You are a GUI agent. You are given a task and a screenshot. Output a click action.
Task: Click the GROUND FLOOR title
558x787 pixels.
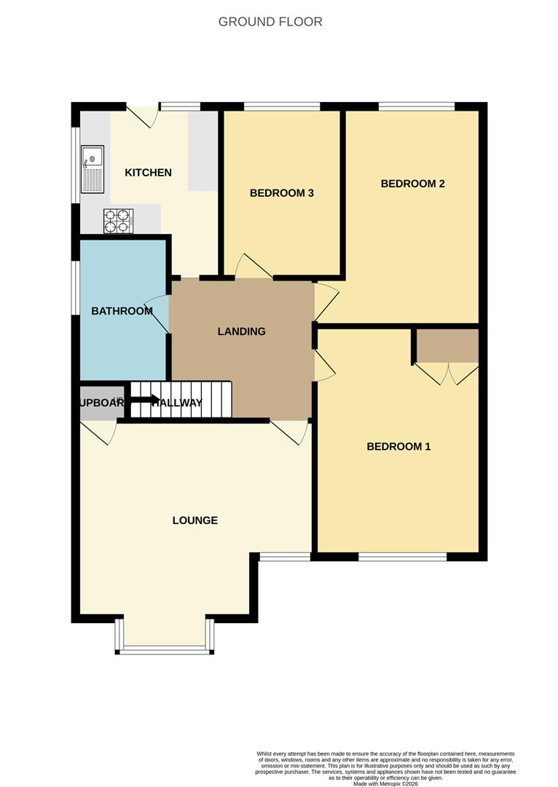point(270,22)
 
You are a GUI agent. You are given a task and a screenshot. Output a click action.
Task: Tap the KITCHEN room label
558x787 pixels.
point(148,173)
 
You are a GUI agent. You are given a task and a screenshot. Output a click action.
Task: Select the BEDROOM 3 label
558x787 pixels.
point(281,193)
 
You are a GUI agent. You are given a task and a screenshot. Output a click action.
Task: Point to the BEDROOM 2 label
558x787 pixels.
point(412,184)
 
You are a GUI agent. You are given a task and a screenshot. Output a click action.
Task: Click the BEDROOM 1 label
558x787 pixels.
point(398,446)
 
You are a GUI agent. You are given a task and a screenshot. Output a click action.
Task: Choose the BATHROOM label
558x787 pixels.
point(122,311)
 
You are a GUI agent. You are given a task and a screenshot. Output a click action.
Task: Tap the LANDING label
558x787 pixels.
point(242,332)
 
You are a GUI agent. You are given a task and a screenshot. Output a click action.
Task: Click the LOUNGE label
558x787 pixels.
point(195,520)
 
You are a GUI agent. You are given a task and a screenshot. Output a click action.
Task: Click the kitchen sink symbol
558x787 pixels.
point(93,169)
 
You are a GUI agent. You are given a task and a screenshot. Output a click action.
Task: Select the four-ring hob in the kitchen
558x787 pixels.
point(118,221)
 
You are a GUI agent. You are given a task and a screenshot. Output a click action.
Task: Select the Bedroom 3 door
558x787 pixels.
point(252,267)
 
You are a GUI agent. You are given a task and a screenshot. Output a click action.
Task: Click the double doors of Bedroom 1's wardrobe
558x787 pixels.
point(446,373)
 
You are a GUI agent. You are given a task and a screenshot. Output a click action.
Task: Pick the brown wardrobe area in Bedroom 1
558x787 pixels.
point(446,345)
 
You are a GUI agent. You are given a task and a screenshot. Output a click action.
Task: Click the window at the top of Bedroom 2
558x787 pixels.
point(417,107)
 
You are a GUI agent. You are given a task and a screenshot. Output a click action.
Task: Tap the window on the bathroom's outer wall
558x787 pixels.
point(75,288)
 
